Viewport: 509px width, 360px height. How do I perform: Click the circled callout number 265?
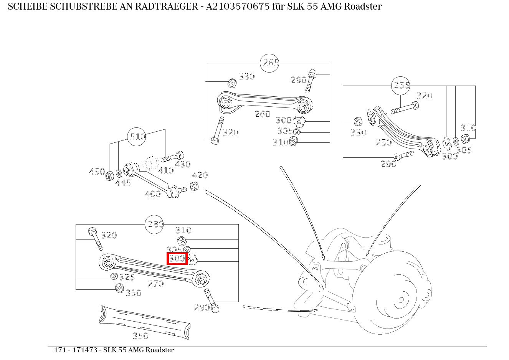(269, 63)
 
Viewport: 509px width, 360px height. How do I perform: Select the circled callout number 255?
(401, 86)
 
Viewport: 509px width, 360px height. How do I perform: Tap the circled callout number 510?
(137, 137)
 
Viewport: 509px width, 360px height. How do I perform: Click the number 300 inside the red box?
(177, 259)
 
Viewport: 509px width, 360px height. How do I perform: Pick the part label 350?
(140, 336)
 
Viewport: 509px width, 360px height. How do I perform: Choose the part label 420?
(200, 175)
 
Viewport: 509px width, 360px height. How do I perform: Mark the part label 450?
(97, 172)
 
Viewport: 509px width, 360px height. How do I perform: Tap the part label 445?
(123, 183)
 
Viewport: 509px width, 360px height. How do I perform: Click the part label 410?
(166, 170)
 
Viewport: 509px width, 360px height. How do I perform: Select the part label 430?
(183, 164)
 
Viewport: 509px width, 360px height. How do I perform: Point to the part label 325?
(127, 277)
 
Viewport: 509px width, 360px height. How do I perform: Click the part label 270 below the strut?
(156, 284)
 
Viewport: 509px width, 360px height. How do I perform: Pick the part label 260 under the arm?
(263, 114)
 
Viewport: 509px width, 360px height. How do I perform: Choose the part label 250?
(384, 142)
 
